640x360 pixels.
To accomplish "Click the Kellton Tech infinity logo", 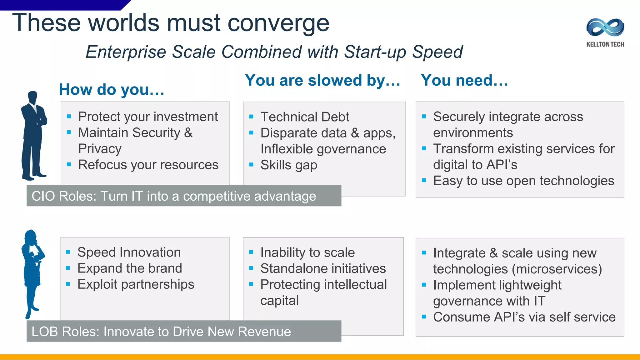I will pyautogui.click(x=605, y=27).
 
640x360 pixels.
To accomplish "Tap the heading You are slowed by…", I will pyautogui.click(x=322, y=80).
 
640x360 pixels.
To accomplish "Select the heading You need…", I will pyautogui.click(x=464, y=80).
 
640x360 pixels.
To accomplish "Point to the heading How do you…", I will pyautogui.click(x=112, y=90).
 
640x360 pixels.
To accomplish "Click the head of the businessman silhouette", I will pyautogui.click(x=32, y=97).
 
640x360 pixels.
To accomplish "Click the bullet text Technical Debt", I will pyautogui.click(x=305, y=117).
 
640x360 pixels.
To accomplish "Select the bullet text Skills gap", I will pyautogui.click(x=289, y=165).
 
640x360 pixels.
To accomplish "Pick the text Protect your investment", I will pyautogui.click(x=148, y=117).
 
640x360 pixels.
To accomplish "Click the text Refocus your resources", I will pyautogui.click(x=148, y=165).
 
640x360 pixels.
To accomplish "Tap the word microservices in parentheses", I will pyautogui.click(x=557, y=269).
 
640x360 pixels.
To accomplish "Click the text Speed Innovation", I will pyautogui.click(x=129, y=252).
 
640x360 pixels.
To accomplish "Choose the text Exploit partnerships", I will pyautogui.click(x=136, y=284).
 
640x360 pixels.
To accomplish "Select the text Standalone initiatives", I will pyautogui.click(x=323, y=268).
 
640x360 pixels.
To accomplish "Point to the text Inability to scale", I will pyautogui.click(x=307, y=252).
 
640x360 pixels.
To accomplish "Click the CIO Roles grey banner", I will pyautogui.click(x=184, y=196).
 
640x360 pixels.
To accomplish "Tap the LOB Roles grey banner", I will pyautogui.click(x=184, y=331).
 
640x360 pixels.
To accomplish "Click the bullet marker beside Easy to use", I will pyautogui.click(x=424, y=180).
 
